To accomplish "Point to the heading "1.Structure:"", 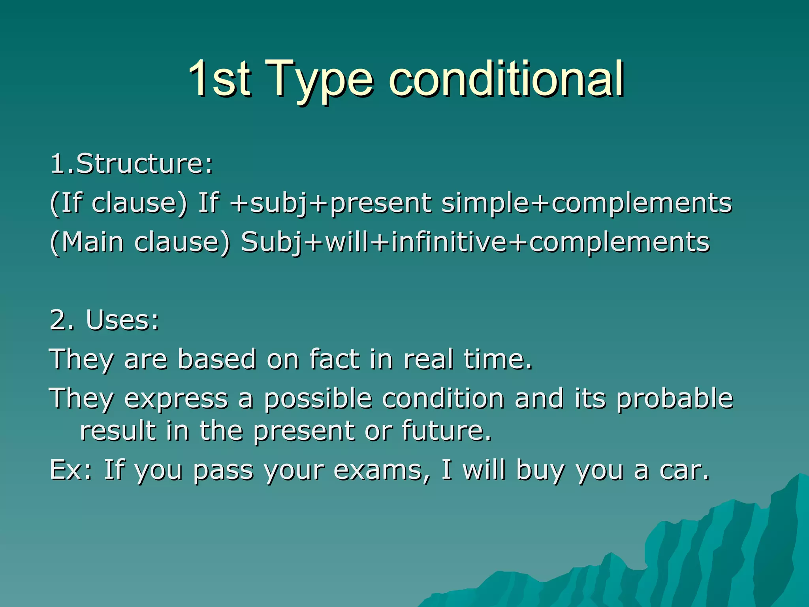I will (132, 163).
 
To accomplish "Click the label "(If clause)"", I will (118, 203).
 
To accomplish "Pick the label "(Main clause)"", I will (140, 242).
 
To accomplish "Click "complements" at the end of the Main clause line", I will (619, 243).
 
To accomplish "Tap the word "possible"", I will (318, 398).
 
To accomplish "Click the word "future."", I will (447, 430).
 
